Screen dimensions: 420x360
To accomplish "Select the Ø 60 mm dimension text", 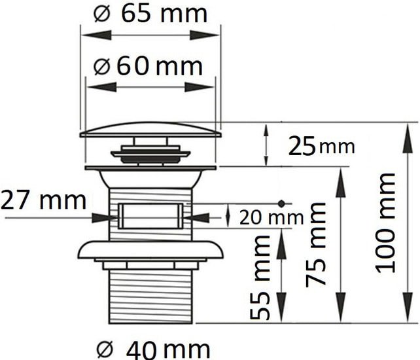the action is coord(148,66).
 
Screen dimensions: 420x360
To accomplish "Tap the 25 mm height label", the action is coord(321,146).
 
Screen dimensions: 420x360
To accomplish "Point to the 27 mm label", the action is coord(43,200).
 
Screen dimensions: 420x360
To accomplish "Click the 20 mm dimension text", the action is coord(271,217).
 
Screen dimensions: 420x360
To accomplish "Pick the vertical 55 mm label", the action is coord(260,278).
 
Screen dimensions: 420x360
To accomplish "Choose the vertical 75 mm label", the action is coord(315,245).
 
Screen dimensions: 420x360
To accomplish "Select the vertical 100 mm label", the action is coord(385,223).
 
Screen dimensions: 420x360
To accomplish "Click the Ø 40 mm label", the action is coord(153,350).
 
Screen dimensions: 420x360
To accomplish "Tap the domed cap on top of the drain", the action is coord(150,130).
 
